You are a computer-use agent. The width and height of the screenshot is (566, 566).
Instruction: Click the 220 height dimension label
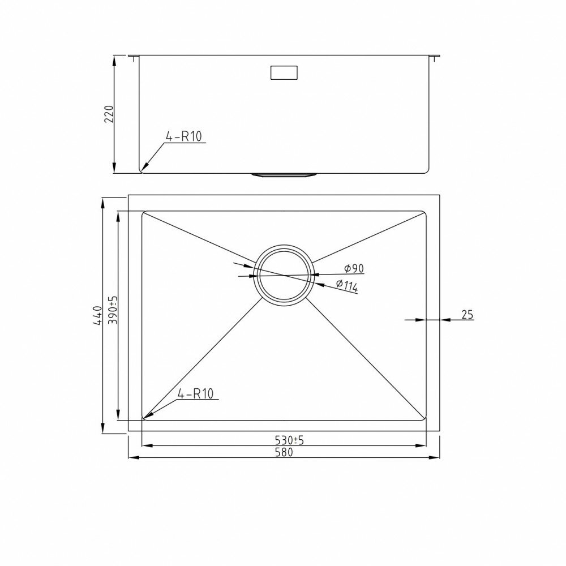coord(109,114)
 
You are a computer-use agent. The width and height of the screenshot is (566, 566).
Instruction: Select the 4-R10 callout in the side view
coord(183,136)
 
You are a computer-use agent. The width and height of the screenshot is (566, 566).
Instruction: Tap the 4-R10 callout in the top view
coord(195,393)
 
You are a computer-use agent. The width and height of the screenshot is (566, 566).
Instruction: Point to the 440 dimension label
coord(97,316)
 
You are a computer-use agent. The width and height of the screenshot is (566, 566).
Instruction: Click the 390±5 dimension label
coord(113,310)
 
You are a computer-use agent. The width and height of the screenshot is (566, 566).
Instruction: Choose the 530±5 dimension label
coord(289,440)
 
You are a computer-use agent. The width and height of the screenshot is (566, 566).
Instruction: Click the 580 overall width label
coord(284,452)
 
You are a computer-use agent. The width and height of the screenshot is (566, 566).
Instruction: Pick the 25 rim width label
coord(467,315)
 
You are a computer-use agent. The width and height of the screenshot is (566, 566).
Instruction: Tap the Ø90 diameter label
coord(354,268)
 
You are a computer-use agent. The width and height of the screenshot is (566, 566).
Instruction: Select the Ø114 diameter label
coord(347,285)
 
